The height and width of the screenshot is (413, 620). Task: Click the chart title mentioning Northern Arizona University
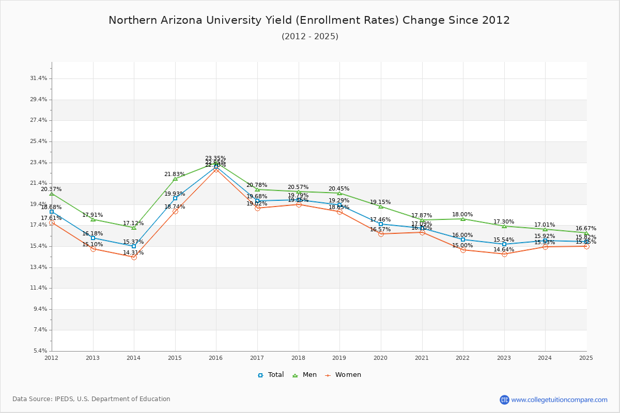click(309, 21)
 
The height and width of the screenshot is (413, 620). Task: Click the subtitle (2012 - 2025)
click(309, 37)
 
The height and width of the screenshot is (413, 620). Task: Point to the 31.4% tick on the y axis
click(39, 78)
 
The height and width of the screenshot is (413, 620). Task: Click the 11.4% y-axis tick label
click(39, 288)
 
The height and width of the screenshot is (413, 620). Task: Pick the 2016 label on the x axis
click(216, 358)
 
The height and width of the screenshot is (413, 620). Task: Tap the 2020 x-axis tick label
click(380, 358)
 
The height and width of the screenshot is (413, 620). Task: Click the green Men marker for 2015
click(175, 179)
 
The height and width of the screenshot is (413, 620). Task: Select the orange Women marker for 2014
click(134, 257)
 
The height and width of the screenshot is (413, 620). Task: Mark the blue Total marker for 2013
click(93, 238)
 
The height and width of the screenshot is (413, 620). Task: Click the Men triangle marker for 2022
click(463, 219)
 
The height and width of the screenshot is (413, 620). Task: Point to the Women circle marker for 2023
click(504, 254)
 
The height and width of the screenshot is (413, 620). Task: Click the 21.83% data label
click(175, 174)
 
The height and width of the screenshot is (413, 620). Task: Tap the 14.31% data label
click(133, 253)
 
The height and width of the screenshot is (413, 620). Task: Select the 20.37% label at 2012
click(51, 189)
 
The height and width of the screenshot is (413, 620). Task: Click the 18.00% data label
click(462, 215)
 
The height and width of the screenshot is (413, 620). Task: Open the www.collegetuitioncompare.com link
click(559, 400)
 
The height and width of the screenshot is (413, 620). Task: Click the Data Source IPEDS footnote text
click(91, 399)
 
